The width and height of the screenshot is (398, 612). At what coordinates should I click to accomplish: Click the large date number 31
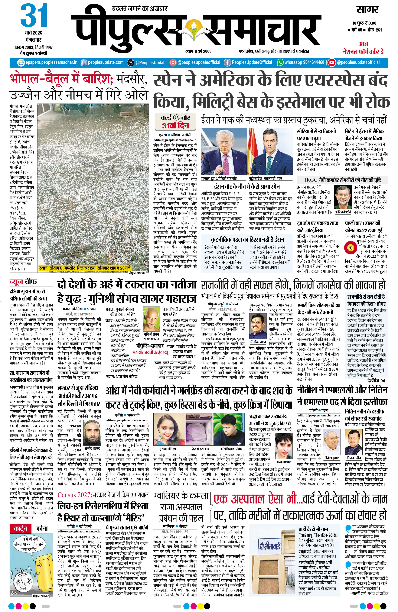click(34, 16)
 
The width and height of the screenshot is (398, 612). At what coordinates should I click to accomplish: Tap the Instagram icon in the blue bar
click(173, 62)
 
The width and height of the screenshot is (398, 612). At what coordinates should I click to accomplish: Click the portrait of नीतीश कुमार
click(332, 442)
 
